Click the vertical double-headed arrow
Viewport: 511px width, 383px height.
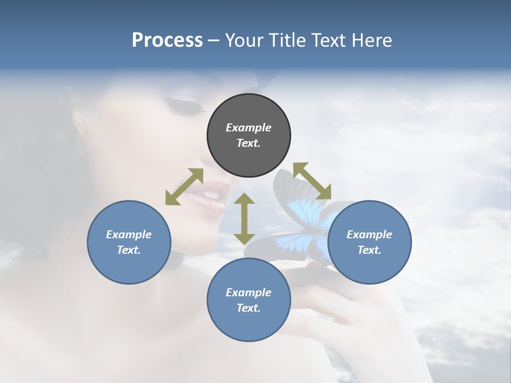click(x=244, y=219)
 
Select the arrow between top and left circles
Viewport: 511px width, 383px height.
click(x=184, y=187)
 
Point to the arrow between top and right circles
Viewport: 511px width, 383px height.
click(x=312, y=181)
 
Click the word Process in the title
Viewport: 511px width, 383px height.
click(x=167, y=40)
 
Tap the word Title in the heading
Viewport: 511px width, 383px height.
click(x=287, y=40)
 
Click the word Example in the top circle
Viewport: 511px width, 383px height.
click(x=249, y=128)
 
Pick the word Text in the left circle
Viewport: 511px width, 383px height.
click(x=129, y=250)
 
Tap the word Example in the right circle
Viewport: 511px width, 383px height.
click(x=369, y=235)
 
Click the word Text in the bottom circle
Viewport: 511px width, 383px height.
click(x=249, y=308)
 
